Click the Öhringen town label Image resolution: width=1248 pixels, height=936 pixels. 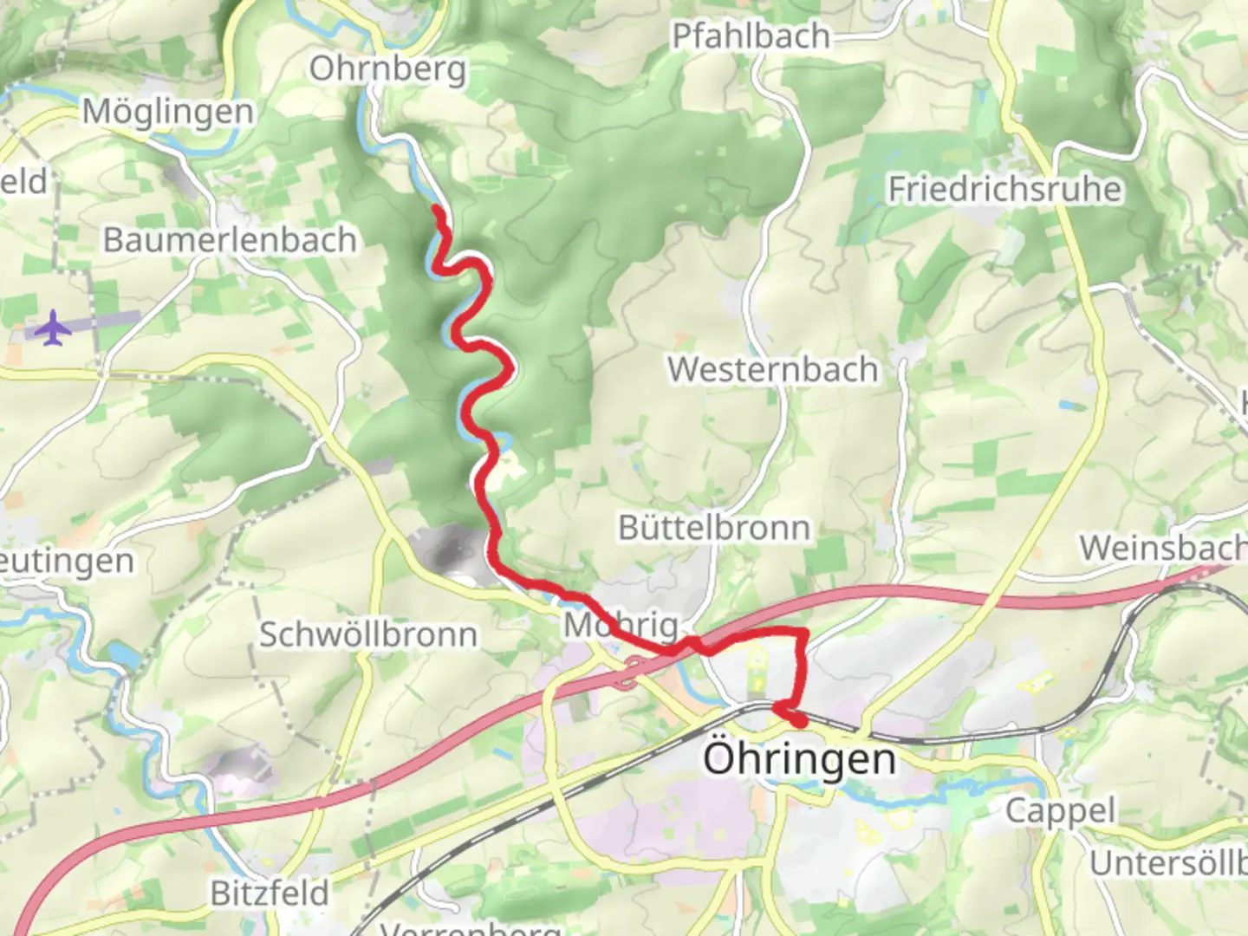pyautogui.click(x=799, y=759)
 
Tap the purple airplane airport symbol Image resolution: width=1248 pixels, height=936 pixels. pyautogui.click(x=54, y=328)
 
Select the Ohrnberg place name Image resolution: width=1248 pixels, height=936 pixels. pyautogui.click(x=387, y=68)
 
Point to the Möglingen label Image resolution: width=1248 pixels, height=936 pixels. pyautogui.click(x=168, y=112)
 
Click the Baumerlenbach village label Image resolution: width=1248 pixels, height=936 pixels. pyautogui.click(x=230, y=240)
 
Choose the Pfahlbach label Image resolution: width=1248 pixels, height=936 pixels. pyautogui.click(x=751, y=36)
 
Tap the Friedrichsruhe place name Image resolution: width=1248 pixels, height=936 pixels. pyautogui.click(x=1004, y=189)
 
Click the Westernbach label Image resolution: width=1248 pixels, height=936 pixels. pyautogui.click(x=772, y=370)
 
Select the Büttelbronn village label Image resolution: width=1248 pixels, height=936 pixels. pyautogui.click(x=713, y=528)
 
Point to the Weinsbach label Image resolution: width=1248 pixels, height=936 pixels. pyautogui.click(x=1161, y=549)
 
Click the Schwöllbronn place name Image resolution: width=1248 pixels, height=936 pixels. pyautogui.click(x=368, y=634)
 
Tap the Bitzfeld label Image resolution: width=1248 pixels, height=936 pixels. pyautogui.click(x=270, y=893)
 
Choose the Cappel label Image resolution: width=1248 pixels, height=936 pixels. pyautogui.click(x=1060, y=811)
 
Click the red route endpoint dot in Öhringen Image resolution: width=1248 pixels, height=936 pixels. pyautogui.click(x=798, y=719)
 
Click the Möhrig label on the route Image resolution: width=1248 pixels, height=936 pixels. pyautogui.click(x=621, y=625)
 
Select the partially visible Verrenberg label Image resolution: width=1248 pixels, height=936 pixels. pyautogui.click(x=471, y=927)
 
